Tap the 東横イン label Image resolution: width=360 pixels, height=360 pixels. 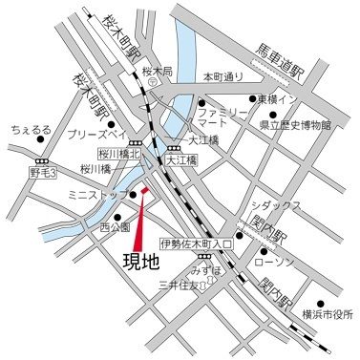[286, 98]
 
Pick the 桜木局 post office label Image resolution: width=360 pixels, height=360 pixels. [156, 71]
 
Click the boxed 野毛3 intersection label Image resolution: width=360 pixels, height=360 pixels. [44, 173]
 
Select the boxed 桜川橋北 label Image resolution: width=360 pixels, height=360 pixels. [119, 152]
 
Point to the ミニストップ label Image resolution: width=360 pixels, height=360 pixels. [114, 195]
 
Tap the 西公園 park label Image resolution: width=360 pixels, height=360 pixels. [115, 227]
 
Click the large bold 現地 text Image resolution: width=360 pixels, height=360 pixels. [141, 261]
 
